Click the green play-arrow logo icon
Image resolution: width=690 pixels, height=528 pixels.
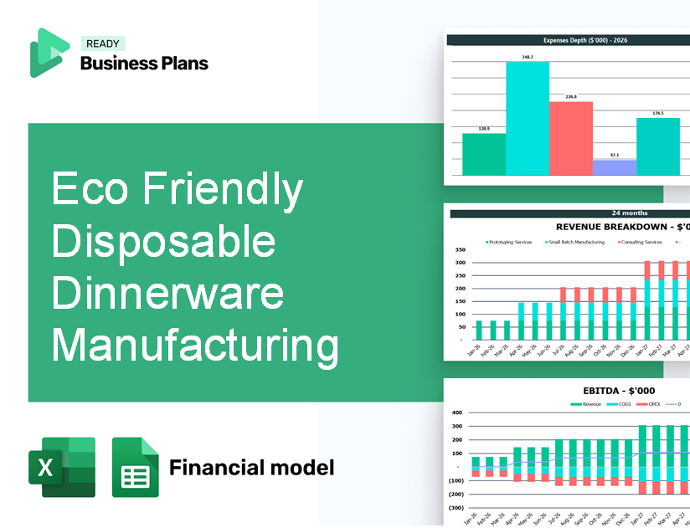[49, 53]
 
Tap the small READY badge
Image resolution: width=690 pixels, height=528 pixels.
[101, 44]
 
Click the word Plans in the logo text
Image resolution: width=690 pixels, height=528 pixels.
[184, 63]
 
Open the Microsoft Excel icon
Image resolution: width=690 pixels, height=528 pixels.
[61, 467]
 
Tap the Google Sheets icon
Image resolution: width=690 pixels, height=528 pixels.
[136, 467]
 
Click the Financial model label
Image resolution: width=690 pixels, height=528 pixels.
[251, 467]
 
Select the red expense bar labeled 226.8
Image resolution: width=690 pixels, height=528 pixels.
[570, 138]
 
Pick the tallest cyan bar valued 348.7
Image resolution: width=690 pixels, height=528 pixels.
[527, 118]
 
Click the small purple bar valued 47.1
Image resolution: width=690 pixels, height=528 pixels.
[614, 167]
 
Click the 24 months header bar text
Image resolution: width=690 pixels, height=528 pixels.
[629, 213]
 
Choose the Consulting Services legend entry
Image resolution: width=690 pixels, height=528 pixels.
[641, 242]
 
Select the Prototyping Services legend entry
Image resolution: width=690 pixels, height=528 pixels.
[510, 242]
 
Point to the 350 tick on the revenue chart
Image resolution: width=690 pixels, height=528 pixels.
[460, 250]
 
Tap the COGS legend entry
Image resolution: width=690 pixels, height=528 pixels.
[622, 404]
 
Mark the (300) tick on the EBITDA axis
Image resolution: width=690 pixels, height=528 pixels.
[457, 507]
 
